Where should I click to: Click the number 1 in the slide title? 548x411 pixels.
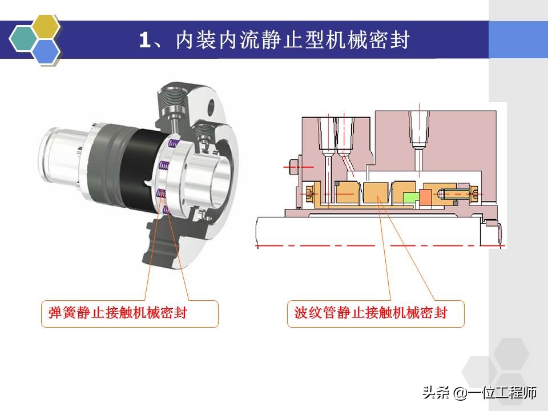[x=144, y=40]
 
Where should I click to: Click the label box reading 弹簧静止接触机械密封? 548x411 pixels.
[x=130, y=313]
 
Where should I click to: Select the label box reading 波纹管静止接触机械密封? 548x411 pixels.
[x=375, y=313]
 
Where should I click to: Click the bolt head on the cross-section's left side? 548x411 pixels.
[x=294, y=166]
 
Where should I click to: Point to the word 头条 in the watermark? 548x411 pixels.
[x=436, y=393]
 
